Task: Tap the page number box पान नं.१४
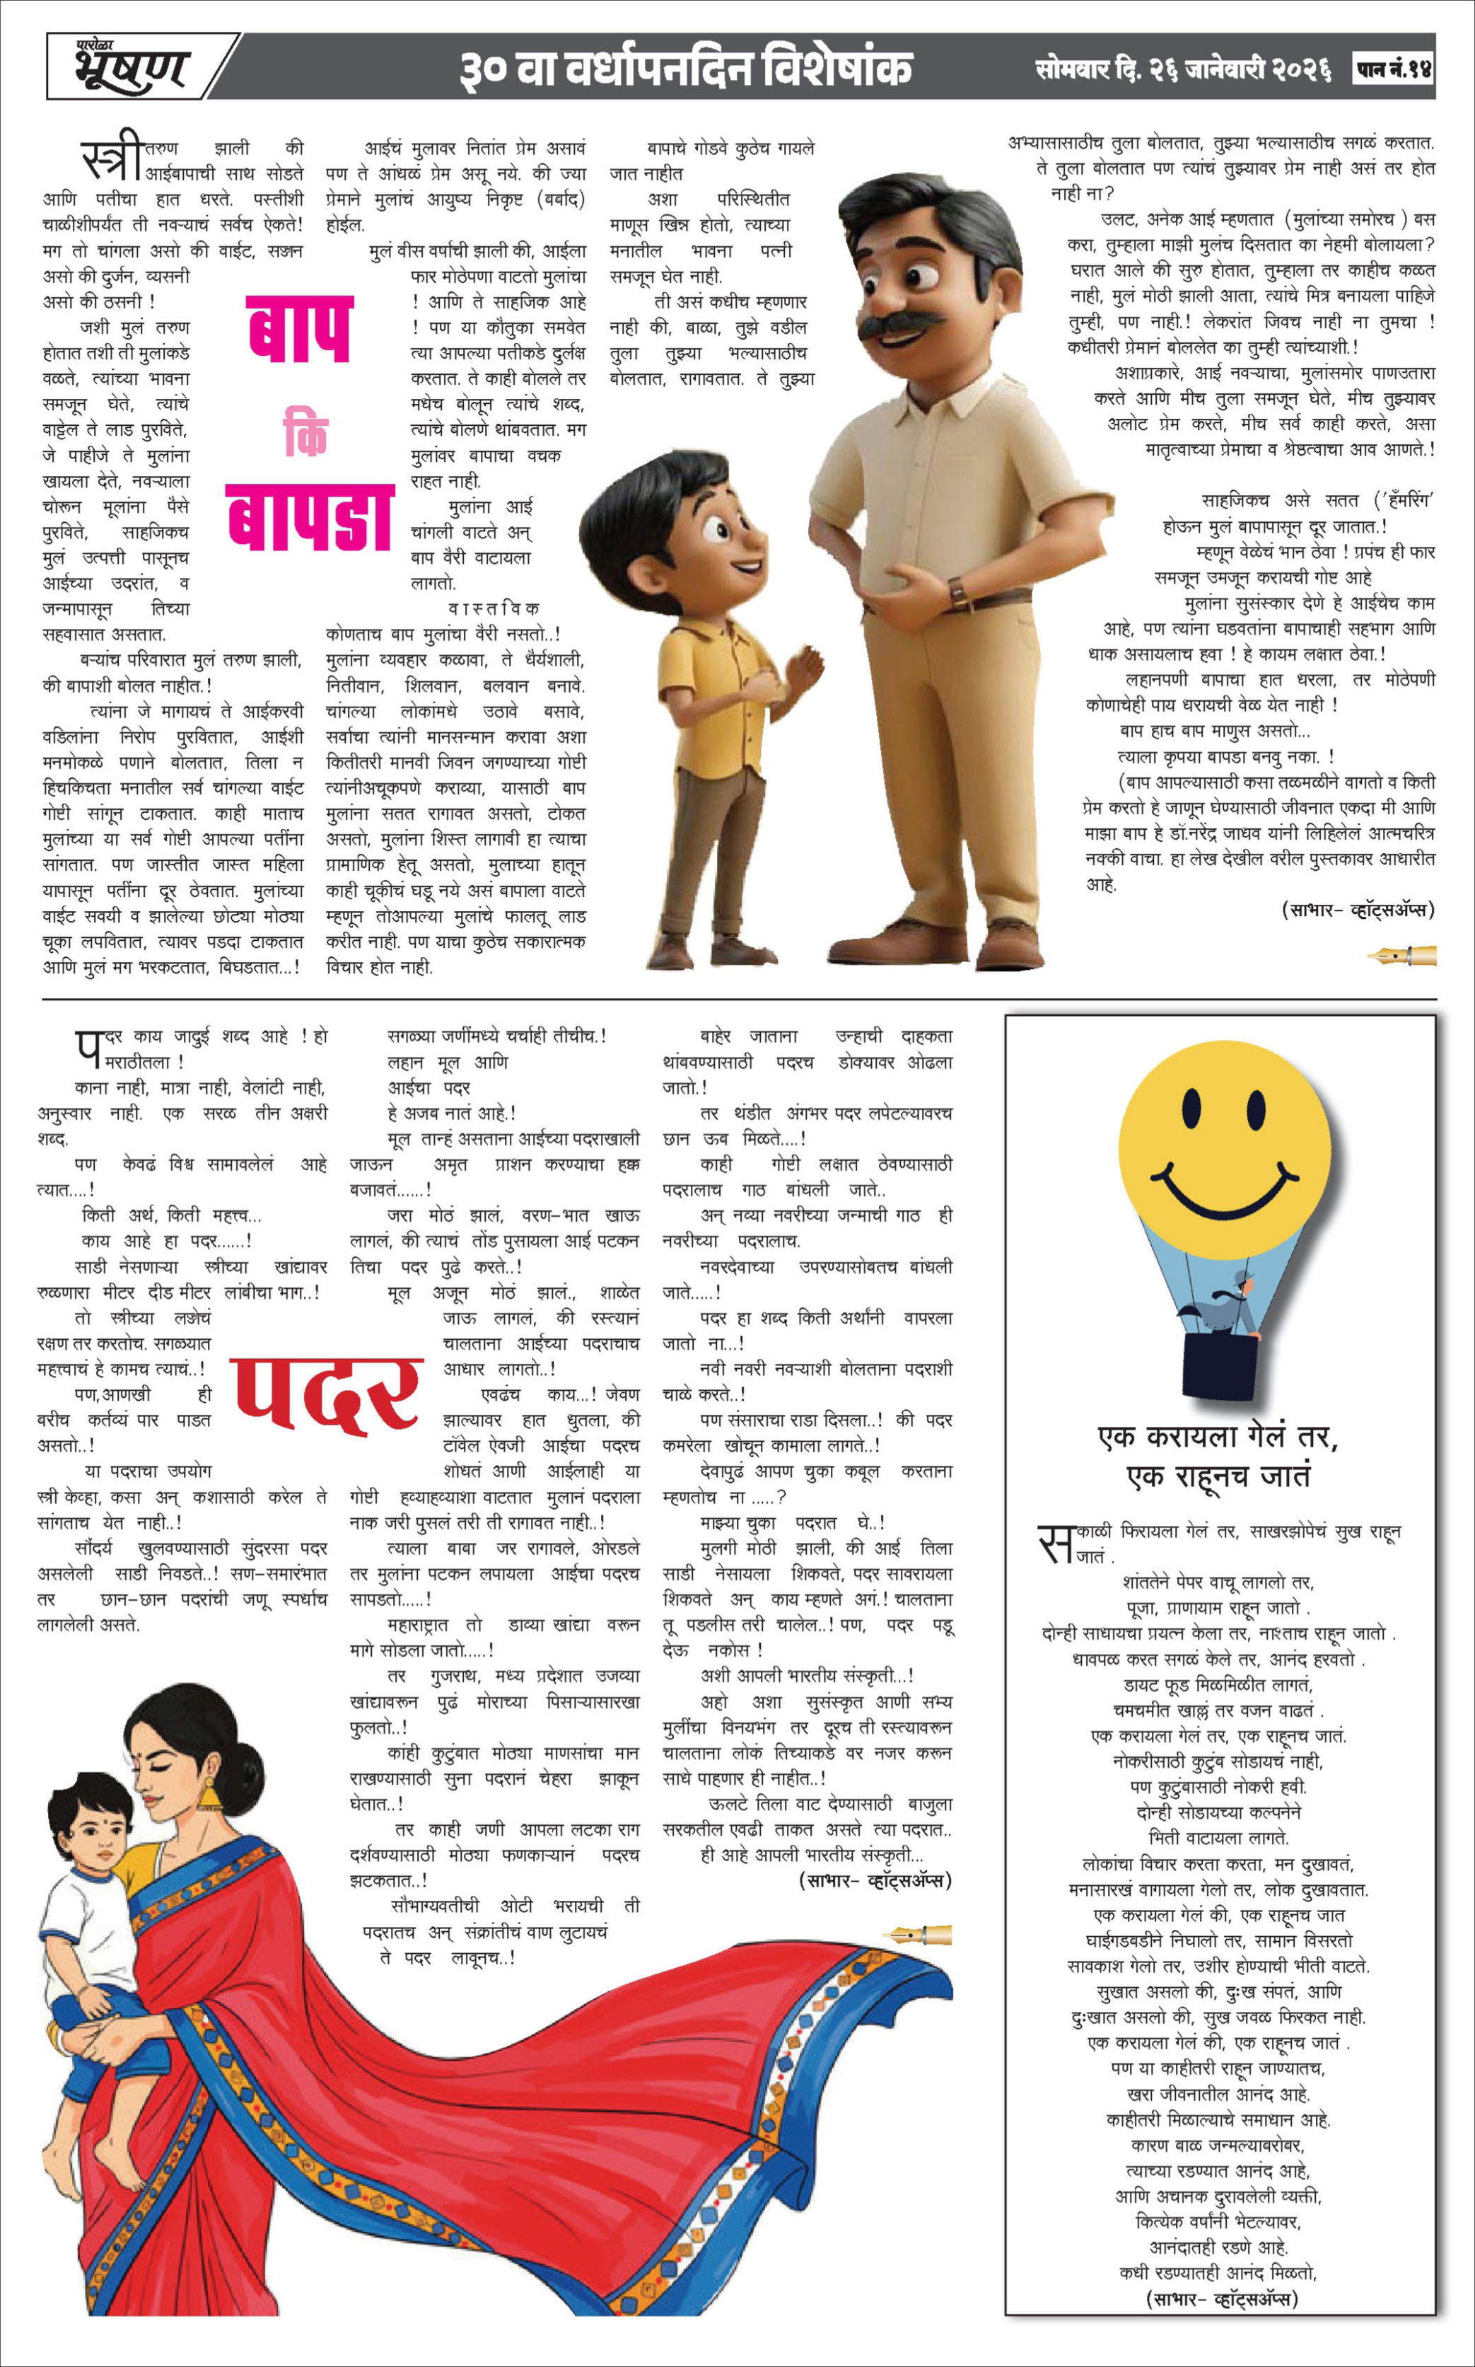point(1393,69)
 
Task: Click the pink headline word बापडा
point(310,517)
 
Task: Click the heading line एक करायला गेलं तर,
point(1218,1437)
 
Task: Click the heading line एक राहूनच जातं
point(1218,1476)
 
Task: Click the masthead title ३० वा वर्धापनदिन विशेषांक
point(686,69)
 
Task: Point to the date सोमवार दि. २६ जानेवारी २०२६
point(1183,69)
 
